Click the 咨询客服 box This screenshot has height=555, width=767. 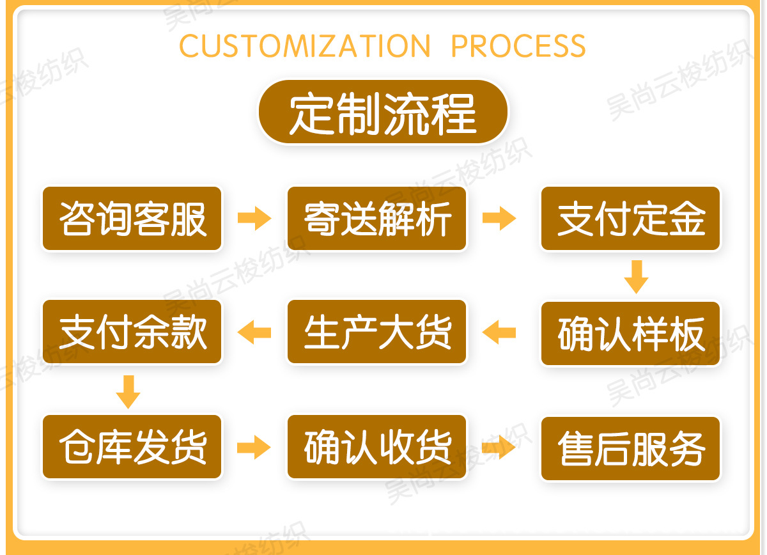[132, 219]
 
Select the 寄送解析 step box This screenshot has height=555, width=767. [377, 219]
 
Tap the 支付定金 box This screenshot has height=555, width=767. [631, 219]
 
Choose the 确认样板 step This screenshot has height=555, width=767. [631, 334]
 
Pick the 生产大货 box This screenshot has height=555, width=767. [377, 332]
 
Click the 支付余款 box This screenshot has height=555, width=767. [132, 332]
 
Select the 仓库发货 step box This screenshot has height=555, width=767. [132, 447]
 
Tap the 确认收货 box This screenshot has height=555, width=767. [377, 447]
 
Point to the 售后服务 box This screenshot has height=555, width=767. [631, 448]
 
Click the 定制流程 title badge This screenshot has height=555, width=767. [383, 113]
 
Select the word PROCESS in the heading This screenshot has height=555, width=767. [518, 46]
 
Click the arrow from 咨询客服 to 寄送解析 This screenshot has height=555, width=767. [254, 219]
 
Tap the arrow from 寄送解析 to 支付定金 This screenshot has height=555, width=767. [499, 219]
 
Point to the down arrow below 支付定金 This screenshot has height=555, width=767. [636, 276]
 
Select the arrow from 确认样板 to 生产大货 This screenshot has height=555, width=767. [499, 332]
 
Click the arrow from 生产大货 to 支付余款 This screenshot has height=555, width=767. [254, 332]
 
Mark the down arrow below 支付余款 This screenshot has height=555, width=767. [128, 391]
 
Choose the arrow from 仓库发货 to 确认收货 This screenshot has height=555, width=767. [254, 447]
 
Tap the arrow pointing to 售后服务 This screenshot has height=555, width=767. [499, 447]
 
